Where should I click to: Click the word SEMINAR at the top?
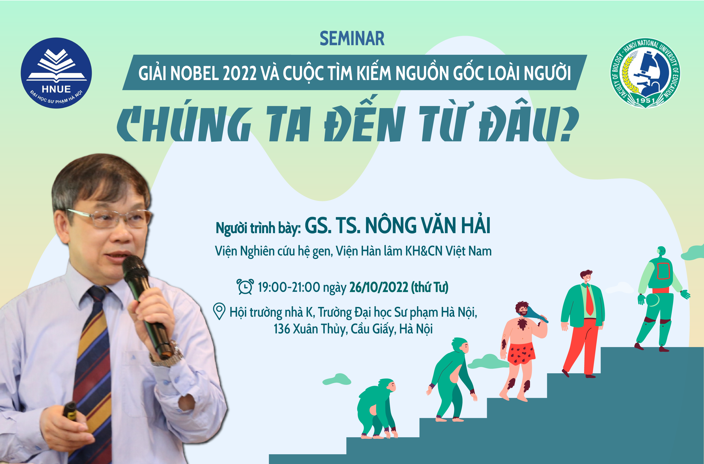pos(352,39)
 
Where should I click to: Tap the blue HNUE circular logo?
pos(56,73)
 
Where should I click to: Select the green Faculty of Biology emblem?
pos(645,73)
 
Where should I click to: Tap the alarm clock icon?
pos(245,287)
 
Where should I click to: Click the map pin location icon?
pos(219,311)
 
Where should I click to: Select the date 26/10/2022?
pos(379,287)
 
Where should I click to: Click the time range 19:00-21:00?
pos(289,287)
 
